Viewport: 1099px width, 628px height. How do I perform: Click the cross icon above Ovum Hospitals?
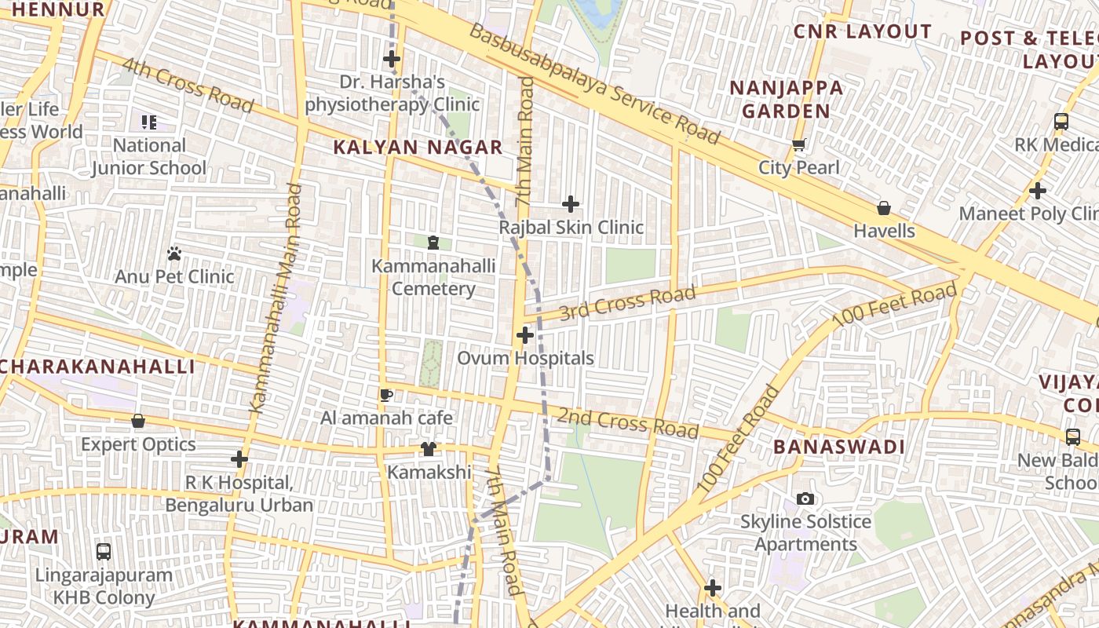[524, 335]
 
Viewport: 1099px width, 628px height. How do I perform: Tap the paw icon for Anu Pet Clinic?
[174, 254]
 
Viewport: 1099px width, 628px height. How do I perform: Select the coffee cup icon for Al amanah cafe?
[385, 395]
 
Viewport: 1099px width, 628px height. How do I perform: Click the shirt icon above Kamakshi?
[429, 448]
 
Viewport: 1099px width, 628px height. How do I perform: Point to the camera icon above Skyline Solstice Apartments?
[805, 498]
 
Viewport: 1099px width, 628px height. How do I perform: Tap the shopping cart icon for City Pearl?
[799, 144]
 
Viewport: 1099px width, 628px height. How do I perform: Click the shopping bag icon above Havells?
[884, 208]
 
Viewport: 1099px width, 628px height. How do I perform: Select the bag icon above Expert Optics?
[138, 422]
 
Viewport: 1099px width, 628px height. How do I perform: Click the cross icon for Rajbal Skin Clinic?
[571, 204]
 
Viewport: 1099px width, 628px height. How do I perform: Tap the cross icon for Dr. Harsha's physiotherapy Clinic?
[392, 59]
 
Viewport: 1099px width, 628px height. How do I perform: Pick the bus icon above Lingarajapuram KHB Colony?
[104, 551]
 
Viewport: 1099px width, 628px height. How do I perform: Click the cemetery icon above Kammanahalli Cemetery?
[433, 243]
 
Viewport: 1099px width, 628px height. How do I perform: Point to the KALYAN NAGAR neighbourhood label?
[418, 147]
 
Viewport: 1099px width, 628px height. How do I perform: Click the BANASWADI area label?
[839, 447]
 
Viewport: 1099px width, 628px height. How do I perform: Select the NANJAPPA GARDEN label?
[787, 99]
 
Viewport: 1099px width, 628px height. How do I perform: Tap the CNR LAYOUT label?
[862, 31]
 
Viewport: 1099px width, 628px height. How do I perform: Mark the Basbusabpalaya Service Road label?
[594, 84]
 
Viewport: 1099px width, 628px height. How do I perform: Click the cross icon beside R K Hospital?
[239, 458]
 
